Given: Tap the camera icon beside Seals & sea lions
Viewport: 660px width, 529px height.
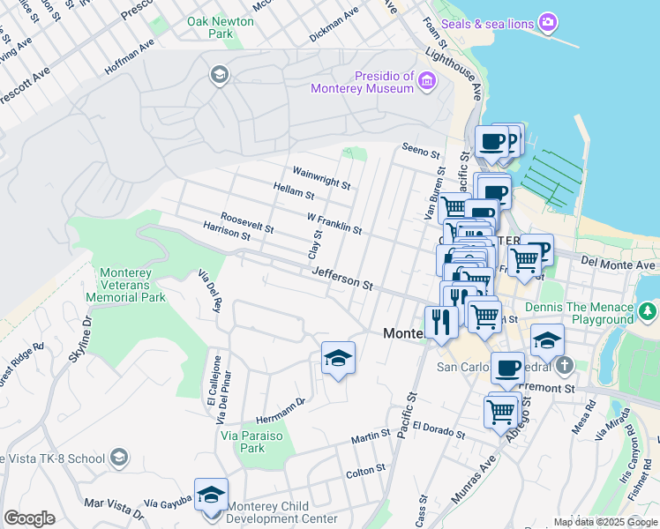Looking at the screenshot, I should pyautogui.click(x=548, y=21).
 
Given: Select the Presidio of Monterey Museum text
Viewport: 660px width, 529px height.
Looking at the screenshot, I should pyautogui.click(x=363, y=82).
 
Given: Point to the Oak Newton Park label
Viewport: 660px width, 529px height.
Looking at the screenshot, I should pyautogui.click(x=211, y=26).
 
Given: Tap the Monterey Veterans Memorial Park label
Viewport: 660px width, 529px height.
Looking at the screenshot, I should pyautogui.click(x=132, y=285).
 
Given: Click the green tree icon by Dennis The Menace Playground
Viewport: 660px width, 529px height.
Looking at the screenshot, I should pyautogui.click(x=649, y=310).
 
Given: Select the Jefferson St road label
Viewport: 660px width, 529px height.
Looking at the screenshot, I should pyautogui.click(x=342, y=280).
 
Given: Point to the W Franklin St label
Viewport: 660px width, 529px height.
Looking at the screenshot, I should pyautogui.click(x=334, y=223).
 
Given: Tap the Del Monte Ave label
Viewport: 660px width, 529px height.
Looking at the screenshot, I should pyautogui.click(x=619, y=264).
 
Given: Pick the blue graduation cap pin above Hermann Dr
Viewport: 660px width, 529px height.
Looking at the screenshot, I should pyautogui.click(x=338, y=358).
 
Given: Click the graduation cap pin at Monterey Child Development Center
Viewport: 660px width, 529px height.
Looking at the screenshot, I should pyautogui.click(x=211, y=495).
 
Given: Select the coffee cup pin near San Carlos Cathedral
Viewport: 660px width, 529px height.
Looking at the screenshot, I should pyautogui.click(x=507, y=368).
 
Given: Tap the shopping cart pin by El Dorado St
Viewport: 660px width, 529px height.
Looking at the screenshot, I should pyautogui.click(x=500, y=410).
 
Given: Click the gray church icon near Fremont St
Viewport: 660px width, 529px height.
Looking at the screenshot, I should pyautogui.click(x=565, y=365).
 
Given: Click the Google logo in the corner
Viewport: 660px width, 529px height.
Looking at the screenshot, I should pyautogui.click(x=29, y=518).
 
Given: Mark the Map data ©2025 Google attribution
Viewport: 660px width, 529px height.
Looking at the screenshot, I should pyautogui.click(x=604, y=522).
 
